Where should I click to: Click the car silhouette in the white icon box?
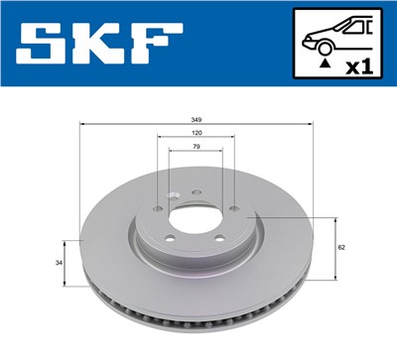pyautogui.click(x=332, y=37)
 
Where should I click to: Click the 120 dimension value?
pyautogui.click(x=197, y=133)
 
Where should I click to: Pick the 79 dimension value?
pyautogui.click(x=197, y=147)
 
